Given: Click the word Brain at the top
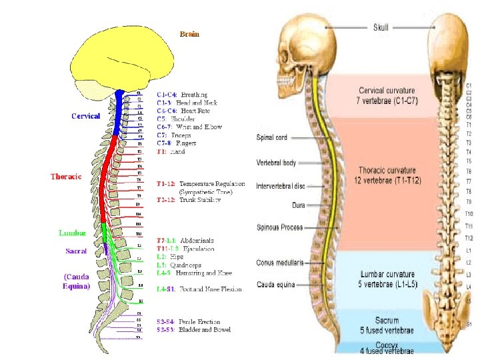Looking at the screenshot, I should [x=189, y=33].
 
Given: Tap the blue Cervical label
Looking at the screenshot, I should [x=85, y=115].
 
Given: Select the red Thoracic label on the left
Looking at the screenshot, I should [x=66, y=176].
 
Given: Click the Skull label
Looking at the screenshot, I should [x=381, y=27].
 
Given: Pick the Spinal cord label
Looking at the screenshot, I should [x=272, y=138].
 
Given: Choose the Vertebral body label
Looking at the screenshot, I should [x=275, y=163].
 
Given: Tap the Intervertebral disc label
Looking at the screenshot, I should [x=280, y=186].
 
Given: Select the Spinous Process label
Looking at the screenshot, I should [x=280, y=227].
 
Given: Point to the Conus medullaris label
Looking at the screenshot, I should [x=280, y=263].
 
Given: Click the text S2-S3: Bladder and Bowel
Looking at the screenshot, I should [x=193, y=329].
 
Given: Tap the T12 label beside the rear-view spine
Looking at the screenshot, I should [x=469, y=238].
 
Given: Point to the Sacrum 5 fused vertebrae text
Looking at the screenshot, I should [x=387, y=325].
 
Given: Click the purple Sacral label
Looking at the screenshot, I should [x=76, y=251].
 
